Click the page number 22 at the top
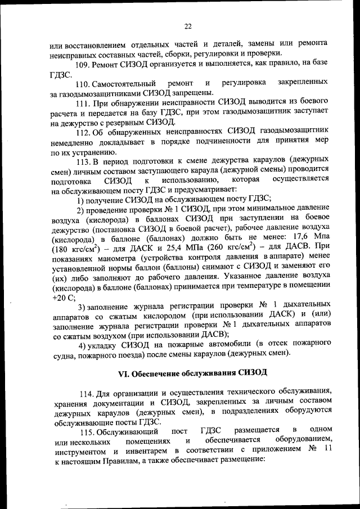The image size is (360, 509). click(x=188, y=25)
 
